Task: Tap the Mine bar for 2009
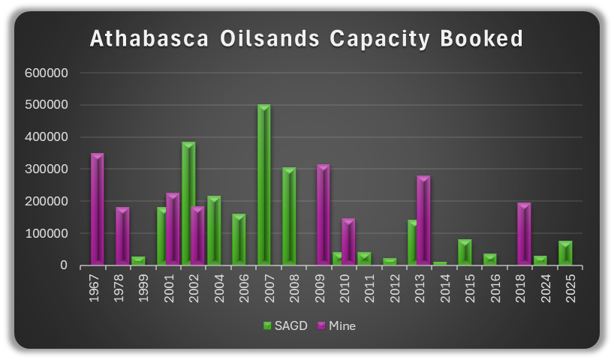pos(324,214)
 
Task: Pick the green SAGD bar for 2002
pos(188,203)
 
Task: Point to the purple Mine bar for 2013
pos(424,220)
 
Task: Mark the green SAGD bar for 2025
pos(565,253)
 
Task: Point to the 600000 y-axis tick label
pos(47,73)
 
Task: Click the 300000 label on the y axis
pos(47,169)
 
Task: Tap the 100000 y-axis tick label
pos(47,234)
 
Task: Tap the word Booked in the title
pos(481,39)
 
